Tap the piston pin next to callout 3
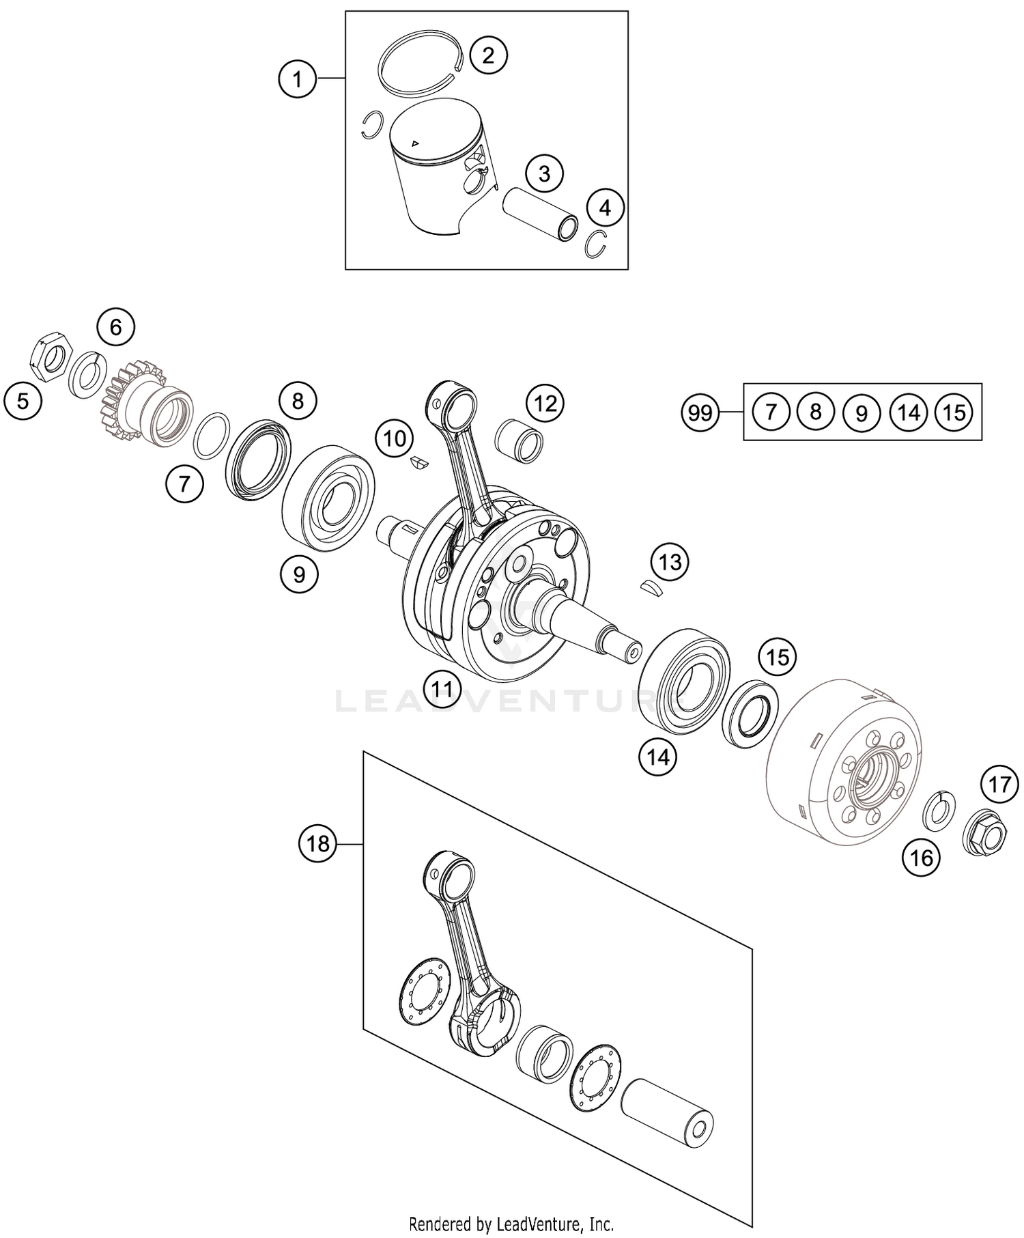coord(539,213)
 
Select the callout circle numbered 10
coord(395,438)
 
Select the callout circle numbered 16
coord(922,857)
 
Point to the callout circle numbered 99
coord(700,412)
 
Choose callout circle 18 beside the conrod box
coord(317,844)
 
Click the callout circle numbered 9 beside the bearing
coord(299,574)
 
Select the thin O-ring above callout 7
coord(211,436)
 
